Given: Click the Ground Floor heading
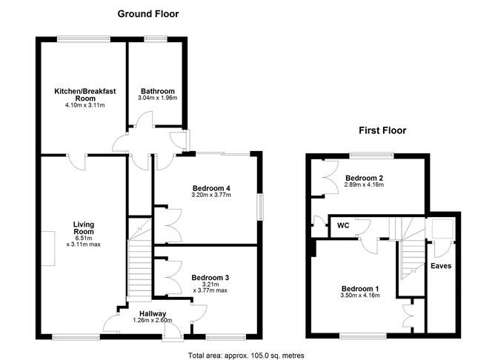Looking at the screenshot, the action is [148, 14].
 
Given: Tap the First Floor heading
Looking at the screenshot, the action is [382, 130].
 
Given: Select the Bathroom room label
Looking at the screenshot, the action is [158, 91].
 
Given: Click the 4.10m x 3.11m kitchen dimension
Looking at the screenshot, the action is [85, 105].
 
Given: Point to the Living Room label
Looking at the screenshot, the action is [84, 228].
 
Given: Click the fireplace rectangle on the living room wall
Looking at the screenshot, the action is [48, 248].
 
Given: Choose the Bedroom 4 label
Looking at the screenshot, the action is [211, 188].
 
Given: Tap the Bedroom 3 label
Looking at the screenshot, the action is [210, 278].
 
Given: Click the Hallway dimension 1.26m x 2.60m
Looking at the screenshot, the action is [153, 321].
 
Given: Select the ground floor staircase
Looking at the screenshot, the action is [139, 259].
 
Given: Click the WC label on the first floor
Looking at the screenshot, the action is [343, 226].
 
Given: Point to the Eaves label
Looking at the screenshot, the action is [441, 266].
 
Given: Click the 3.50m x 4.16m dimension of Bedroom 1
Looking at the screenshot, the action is [360, 296].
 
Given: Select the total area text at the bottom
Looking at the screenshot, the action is [246, 356].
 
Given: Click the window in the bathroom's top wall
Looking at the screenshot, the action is [156, 39].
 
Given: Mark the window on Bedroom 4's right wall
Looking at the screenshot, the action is [260, 207].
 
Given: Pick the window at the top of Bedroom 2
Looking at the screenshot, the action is [372, 155].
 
